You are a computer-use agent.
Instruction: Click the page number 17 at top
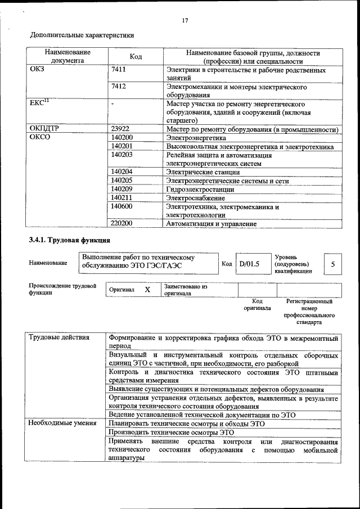(185, 21)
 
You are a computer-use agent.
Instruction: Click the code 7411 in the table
(119, 71)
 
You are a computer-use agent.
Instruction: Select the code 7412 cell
(119, 87)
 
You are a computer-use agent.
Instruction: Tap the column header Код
(136, 56)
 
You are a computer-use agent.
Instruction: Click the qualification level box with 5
(333, 263)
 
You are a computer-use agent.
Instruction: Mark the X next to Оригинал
(147, 290)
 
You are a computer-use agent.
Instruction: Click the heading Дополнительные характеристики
(82, 35)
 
